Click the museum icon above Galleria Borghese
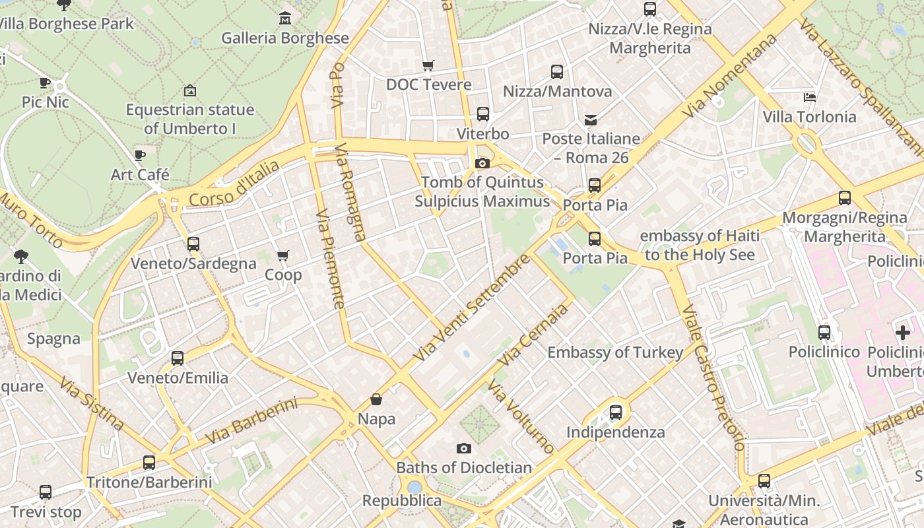click(284, 18)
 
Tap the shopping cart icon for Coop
click(283, 255)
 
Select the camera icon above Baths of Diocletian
click(464, 449)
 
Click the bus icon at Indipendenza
click(616, 412)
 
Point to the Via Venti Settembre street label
click(471, 308)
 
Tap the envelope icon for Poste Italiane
click(591, 119)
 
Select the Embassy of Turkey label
click(615, 352)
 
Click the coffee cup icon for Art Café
click(140, 156)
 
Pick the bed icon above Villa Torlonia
click(810, 98)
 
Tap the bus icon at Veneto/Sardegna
click(193, 244)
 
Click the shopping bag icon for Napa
click(376, 399)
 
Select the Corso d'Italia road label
click(234, 184)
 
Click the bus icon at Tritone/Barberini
click(149, 463)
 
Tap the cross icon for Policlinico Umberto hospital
click(902, 333)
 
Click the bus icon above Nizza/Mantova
click(557, 72)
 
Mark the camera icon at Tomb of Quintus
click(482, 163)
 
